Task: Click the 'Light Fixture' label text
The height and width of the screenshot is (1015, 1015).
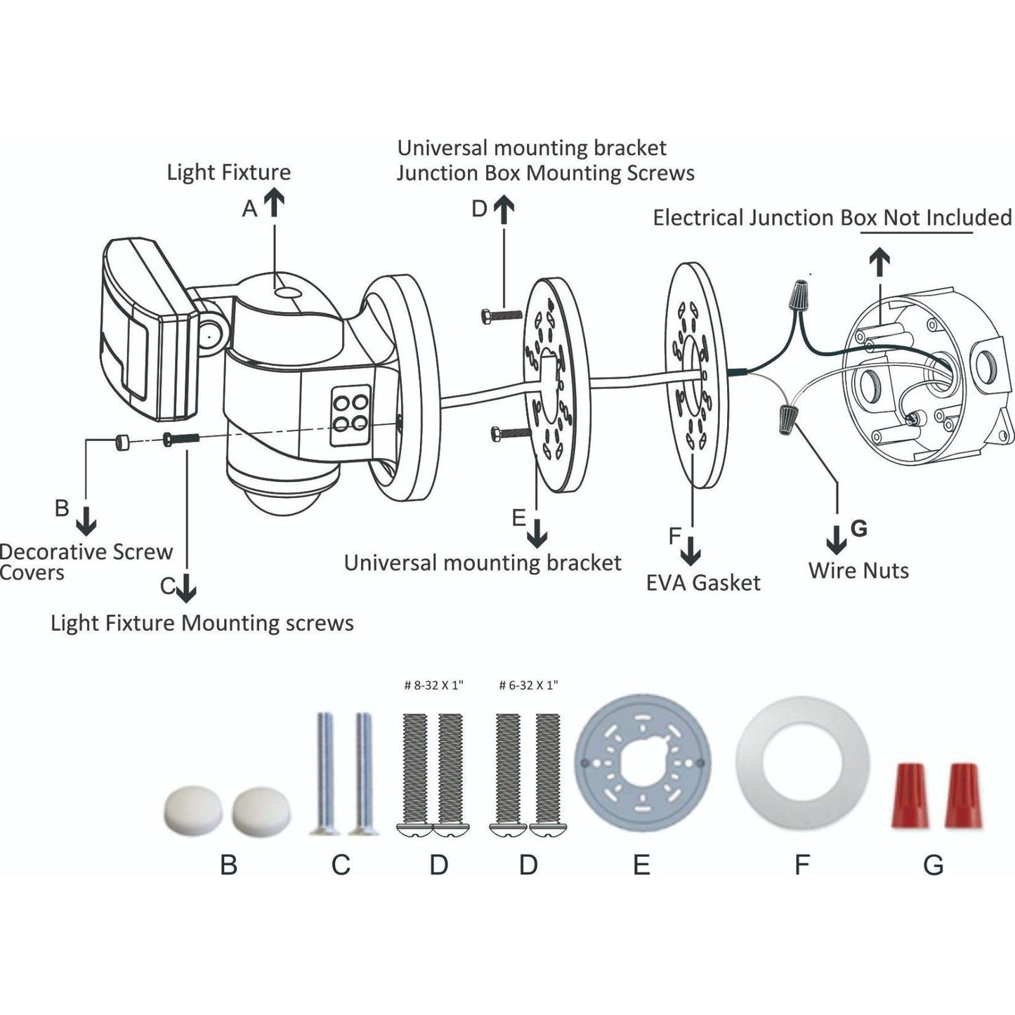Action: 228,172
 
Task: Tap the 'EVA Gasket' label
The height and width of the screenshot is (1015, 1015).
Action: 703,582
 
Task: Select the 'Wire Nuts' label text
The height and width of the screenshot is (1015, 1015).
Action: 858,570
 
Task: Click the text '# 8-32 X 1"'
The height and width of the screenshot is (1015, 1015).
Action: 434,685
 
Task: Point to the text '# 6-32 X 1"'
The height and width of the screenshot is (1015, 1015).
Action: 528,685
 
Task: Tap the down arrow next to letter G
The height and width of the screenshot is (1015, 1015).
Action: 836,539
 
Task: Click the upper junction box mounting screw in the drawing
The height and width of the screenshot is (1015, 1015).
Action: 499,315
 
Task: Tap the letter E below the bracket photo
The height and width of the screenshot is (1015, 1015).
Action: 641,865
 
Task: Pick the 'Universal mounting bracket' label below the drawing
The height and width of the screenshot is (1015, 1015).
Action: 483,563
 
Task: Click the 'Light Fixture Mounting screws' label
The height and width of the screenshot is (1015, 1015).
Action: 202,623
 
